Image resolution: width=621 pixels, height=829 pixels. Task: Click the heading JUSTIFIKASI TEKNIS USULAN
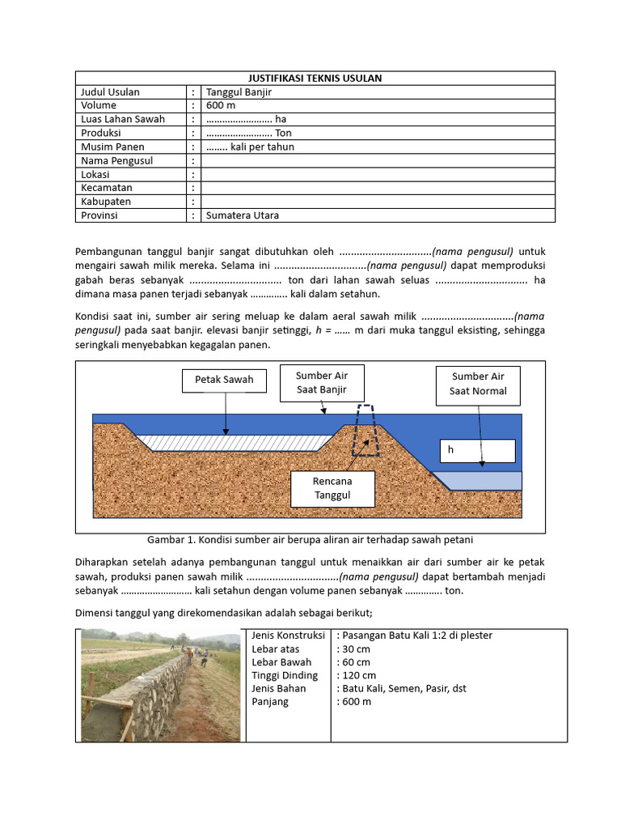click(x=315, y=78)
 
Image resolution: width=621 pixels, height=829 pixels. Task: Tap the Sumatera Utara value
click(x=243, y=215)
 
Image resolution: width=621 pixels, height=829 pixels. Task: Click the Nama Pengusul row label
click(x=116, y=160)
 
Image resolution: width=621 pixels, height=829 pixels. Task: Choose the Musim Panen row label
click(x=112, y=147)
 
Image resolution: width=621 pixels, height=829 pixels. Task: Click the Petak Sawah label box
click(x=224, y=379)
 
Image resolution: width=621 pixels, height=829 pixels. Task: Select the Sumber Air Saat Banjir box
click(x=321, y=383)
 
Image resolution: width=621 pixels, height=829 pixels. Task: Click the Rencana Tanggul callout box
click(x=332, y=487)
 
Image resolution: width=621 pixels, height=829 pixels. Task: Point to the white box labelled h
click(x=477, y=451)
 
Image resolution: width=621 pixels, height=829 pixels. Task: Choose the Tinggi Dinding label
click(x=285, y=675)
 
